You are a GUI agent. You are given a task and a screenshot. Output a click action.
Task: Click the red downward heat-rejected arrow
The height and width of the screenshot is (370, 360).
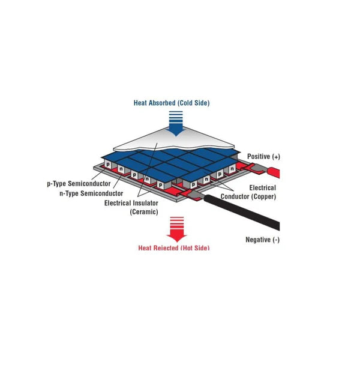[178, 229]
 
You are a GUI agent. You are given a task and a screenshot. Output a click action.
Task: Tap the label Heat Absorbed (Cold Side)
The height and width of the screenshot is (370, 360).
[172, 103]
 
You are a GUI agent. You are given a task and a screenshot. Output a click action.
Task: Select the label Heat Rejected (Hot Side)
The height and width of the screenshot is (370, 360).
[174, 247]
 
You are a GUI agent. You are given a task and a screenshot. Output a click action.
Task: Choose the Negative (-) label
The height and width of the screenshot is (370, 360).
[263, 240]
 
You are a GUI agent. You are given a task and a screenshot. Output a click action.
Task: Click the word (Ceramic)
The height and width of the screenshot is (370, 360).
[143, 212]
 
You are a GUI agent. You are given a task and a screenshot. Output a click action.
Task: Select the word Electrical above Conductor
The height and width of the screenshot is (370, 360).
[262, 188]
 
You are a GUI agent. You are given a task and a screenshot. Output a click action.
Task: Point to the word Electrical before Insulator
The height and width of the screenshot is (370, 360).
[119, 203]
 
